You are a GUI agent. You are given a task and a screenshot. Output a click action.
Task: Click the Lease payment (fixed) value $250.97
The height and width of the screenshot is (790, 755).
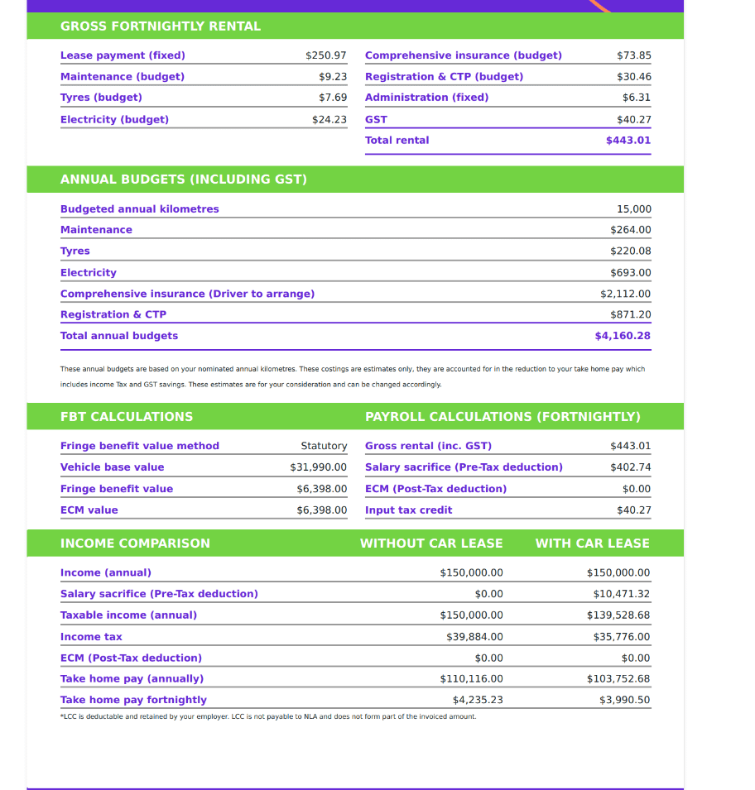pos(325,55)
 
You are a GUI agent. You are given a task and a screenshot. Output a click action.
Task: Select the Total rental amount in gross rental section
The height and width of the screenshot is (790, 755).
pos(628,141)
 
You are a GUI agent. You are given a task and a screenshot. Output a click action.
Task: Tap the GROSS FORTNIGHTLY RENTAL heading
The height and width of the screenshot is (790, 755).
pos(161,26)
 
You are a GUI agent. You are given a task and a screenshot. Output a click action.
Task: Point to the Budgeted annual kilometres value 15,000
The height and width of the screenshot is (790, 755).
pos(633,209)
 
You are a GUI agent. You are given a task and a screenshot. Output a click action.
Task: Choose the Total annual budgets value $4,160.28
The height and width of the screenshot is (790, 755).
pos(623,336)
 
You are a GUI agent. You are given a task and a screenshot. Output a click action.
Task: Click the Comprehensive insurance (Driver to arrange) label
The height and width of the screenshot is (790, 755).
pos(187,294)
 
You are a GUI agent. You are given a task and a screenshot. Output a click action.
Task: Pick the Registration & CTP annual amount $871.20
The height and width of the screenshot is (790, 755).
pos(630,314)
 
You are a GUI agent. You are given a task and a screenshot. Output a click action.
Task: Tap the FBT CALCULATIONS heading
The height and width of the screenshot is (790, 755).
pos(127,417)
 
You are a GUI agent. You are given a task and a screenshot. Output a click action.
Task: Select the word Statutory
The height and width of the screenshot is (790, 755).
pos(324,446)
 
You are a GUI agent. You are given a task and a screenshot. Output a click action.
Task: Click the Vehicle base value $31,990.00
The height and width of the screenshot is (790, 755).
pos(318,467)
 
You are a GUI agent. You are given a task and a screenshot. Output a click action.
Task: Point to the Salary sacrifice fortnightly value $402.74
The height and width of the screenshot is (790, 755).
pos(630,467)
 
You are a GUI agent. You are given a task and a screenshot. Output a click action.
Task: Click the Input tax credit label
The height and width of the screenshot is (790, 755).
pos(408,510)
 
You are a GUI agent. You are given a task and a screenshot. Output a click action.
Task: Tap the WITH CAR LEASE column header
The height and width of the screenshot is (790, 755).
pos(592,543)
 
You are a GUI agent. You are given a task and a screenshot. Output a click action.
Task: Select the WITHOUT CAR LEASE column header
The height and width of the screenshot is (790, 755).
pos(431,543)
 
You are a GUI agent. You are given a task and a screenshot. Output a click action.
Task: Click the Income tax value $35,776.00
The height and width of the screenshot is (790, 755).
pos(621,637)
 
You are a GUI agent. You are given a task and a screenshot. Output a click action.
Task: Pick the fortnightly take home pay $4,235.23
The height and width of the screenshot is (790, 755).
pos(478,700)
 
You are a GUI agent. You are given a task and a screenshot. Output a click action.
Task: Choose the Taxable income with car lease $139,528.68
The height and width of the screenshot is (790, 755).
pos(618,615)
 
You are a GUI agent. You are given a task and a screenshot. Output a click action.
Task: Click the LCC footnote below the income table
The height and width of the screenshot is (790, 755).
pos(268,716)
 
